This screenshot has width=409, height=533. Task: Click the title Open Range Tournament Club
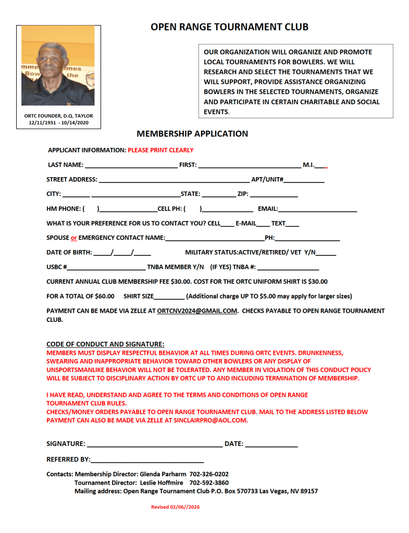(x=229, y=27)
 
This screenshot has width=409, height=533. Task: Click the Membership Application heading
(x=192, y=134)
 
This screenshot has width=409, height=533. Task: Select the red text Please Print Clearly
(x=160, y=150)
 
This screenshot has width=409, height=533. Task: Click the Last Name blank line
(x=130, y=166)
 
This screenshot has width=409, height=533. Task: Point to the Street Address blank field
(x=172, y=181)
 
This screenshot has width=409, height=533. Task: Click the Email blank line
(x=317, y=210)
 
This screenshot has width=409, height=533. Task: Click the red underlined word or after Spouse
(x=74, y=238)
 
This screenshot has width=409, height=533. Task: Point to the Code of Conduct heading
(x=105, y=344)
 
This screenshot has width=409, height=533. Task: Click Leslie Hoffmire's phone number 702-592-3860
(x=209, y=482)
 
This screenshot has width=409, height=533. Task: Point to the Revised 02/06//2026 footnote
(x=176, y=507)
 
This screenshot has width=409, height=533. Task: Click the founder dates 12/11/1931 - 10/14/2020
(x=58, y=122)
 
